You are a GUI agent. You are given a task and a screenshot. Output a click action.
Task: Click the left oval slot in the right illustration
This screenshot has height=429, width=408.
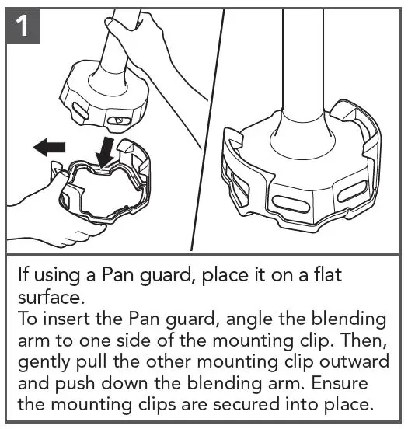[290, 205]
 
